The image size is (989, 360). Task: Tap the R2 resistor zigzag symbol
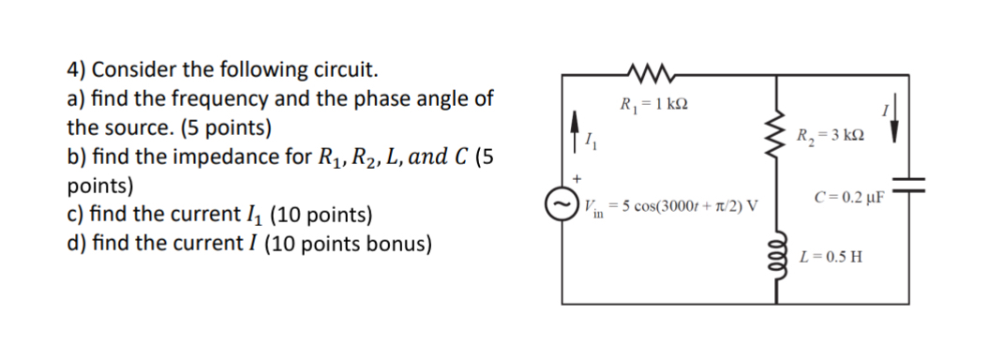tap(777, 137)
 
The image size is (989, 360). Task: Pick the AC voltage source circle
tap(561, 202)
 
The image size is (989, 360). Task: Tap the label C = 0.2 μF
tap(850, 197)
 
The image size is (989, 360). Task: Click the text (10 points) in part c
tap(320, 215)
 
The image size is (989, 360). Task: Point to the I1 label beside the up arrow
tap(589, 143)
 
